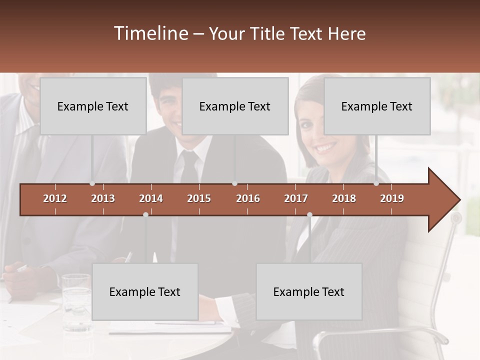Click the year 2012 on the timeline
(55, 198)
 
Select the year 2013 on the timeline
(103, 198)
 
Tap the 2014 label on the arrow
(151, 198)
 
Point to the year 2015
(199, 198)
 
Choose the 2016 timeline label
(248, 198)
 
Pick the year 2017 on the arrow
(296, 198)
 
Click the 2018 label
(344, 198)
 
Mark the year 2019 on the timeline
(392, 198)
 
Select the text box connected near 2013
(93, 106)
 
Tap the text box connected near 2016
(235, 106)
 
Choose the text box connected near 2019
(377, 106)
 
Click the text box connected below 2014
(145, 291)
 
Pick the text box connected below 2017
(309, 291)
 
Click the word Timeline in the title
(150, 33)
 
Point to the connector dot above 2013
(92, 183)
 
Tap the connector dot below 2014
(145, 214)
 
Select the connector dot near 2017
(309, 214)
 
